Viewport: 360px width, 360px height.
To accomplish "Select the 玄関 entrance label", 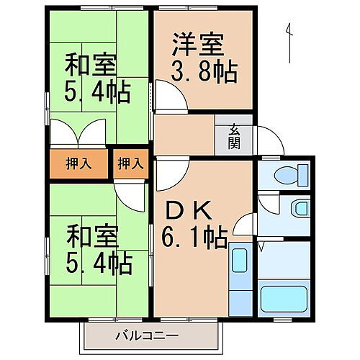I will (x=235, y=135).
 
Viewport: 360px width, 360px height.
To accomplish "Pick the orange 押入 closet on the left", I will (x=79, y=163).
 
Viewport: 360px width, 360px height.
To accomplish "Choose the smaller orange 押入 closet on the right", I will (x=130, y=163).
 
